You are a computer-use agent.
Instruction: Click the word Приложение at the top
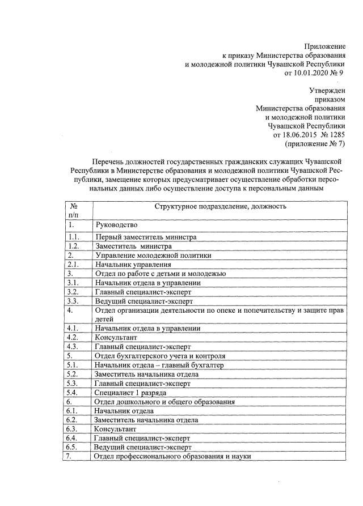click(324, 45)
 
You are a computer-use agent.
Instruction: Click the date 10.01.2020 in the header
click(310, 73)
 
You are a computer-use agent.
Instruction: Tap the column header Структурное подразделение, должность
click(221, 206)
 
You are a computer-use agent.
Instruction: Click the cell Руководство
click(116, 225)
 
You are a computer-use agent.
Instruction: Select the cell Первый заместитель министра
click(146, 237)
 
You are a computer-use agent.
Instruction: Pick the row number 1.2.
click(72, 246)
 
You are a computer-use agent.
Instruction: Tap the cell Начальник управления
click(133, 264)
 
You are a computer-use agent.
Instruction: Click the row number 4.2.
click(72, 337)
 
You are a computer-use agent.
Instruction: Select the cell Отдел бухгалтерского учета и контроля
click(161, 356)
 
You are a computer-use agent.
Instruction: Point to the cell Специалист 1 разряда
click(130, 392)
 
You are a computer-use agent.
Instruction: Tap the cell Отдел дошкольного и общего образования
click(164, 401)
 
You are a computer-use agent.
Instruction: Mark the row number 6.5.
click(72, 447)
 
